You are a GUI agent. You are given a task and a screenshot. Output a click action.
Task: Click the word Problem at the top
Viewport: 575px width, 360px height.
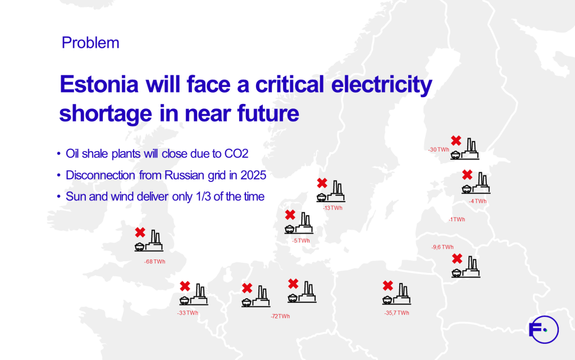[x=90, y=43]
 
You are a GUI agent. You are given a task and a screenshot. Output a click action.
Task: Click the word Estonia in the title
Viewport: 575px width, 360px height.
[x=99, y=84]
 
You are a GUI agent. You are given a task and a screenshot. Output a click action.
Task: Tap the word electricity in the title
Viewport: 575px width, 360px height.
[x=382, y=85]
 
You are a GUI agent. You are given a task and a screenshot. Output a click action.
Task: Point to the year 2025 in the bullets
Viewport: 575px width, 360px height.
[x=253, y=175]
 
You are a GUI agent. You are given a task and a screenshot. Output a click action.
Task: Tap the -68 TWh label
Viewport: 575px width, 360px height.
[x=154, y=262]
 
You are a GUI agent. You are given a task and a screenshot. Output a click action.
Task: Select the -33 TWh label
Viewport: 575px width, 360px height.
[x=188, y=313]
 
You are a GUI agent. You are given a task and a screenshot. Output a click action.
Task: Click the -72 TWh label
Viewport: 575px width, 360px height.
[x=280, y=316]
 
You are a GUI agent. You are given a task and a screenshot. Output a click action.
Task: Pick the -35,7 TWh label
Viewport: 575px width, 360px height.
[x=396, y=313]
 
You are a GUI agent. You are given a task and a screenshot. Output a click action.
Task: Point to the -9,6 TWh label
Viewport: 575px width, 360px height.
[x=442, y=247]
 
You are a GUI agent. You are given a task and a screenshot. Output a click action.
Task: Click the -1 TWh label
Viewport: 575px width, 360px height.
[x=457, y=220]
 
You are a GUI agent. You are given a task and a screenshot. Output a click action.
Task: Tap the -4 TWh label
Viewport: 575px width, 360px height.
[x=477, y=201]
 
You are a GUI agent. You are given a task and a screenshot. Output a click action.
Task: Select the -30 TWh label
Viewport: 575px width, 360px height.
[x=439, y=149]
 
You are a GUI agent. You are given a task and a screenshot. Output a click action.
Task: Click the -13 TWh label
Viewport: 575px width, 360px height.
[x=332, y=208]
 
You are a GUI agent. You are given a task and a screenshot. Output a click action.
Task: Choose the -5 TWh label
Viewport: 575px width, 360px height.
[x=301, y=241]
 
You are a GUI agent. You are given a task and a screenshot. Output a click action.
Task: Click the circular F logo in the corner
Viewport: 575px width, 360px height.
[x=544, y=330]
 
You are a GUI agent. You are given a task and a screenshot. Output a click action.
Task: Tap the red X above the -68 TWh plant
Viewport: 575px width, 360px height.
[x=140, y=233]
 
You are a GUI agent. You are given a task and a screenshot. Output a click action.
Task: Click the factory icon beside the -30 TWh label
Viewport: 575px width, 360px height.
[x=464, y=149]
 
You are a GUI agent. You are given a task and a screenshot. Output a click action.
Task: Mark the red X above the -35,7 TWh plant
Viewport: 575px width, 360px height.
[x=387, y=285]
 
